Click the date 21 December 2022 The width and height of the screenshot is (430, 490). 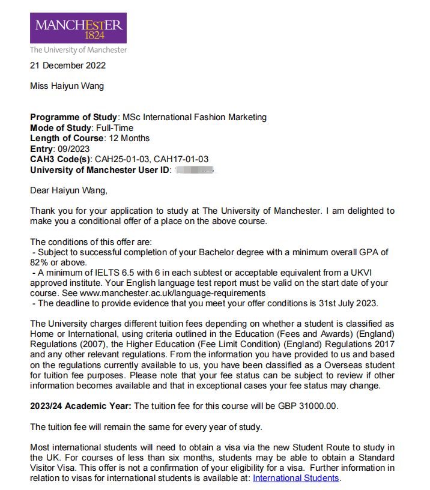pos(68,65)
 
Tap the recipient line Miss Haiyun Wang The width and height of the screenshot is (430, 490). pos(67,86)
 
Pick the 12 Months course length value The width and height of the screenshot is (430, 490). pos(129,138)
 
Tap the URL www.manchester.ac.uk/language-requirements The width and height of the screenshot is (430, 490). pos(173,292)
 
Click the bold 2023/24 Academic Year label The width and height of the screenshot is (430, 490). pos(80,406)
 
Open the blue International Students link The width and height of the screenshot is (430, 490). pos(296,478)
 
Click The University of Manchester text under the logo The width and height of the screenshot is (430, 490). pos(79,50)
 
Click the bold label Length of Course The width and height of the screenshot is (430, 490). pos(67,138)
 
